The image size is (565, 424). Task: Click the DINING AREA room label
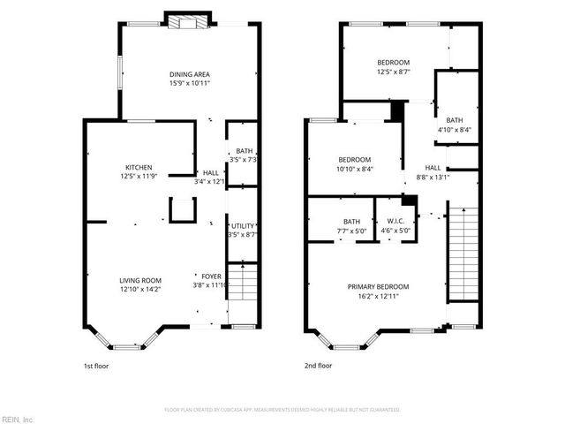[x=190, y=74]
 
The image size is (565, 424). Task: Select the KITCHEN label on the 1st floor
[x=138, y=167]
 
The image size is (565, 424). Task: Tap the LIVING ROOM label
[x=140, y=280]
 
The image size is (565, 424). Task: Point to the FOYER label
[x=210, y=276]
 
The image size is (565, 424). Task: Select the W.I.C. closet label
[x=388, y=222]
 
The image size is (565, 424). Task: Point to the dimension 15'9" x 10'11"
[x=190, y=83]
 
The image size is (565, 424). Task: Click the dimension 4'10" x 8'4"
[x=455, y=130]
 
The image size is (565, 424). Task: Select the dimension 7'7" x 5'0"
[x=351, y=231]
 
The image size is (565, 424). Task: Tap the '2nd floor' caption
[x=318, y=365]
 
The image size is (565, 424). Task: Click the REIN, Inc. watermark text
[x=18, y=418]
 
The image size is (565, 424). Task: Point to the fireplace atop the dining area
[x=191, y=20]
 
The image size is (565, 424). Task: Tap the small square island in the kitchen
[x=183, y=209]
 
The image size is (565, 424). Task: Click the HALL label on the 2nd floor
[x=433, y=167]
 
